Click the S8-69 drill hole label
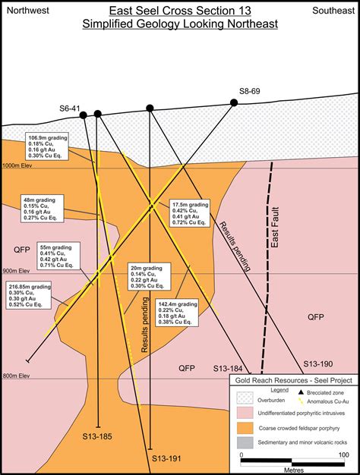[250, 91]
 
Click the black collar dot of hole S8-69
[234, 102]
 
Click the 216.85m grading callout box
[27, 296]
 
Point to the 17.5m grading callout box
[190, 214]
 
